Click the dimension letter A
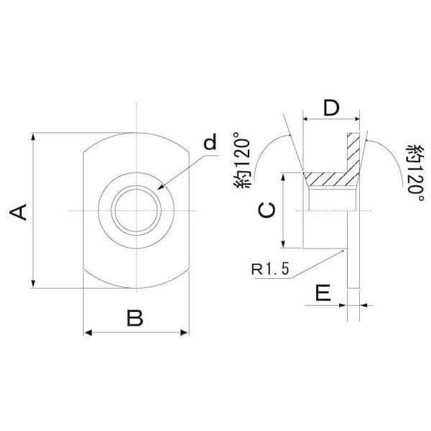click(18, 212)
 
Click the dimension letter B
click(135, 318)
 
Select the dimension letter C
click(266, 210)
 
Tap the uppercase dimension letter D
click(331, 108)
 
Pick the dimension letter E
click(323, 293)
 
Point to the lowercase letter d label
click(210, 142)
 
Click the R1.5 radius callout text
click(270, 269)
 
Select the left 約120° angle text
click(242, 160)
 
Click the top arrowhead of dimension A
click(33, 137)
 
